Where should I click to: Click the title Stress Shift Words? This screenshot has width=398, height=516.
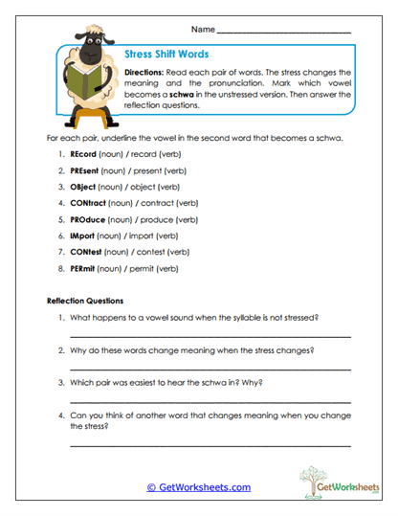[x=167, y=55]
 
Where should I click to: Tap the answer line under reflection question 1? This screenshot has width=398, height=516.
[x=210, y=336]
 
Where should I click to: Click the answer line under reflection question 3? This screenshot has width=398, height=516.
[x=210, y=401]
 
